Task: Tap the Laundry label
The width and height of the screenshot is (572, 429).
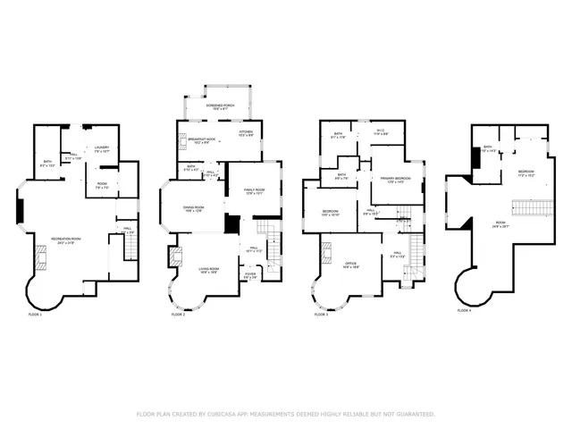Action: [x=101, y=150]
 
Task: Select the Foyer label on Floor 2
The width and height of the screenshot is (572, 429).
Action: [x=252, y=276]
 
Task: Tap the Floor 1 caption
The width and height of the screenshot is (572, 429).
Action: [x=35, y=315]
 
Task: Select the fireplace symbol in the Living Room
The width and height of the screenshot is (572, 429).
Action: [x=178, y=259]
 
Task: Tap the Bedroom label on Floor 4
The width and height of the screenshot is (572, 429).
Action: [x=526, y=172]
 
